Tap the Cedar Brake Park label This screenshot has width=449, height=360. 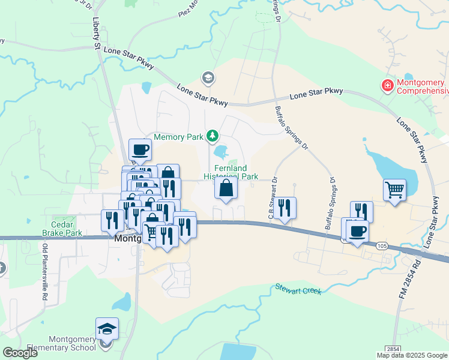point(62,229)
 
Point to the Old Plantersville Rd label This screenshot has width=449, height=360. point(44,271)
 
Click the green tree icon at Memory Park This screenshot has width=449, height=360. point(212,137)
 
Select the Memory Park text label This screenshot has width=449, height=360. point(179,137)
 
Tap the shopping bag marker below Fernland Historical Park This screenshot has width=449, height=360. point(226,189)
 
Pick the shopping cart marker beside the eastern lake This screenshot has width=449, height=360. point(395,190)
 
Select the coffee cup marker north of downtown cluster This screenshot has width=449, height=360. point(140,150)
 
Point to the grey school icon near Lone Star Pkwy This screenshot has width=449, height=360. point(208,77)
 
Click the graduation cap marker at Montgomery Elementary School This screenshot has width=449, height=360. point(107,329)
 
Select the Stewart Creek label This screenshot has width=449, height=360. point(298,289)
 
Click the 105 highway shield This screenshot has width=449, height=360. point(382,245)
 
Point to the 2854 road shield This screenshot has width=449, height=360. point(393,349)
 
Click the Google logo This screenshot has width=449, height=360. point(20,353)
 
